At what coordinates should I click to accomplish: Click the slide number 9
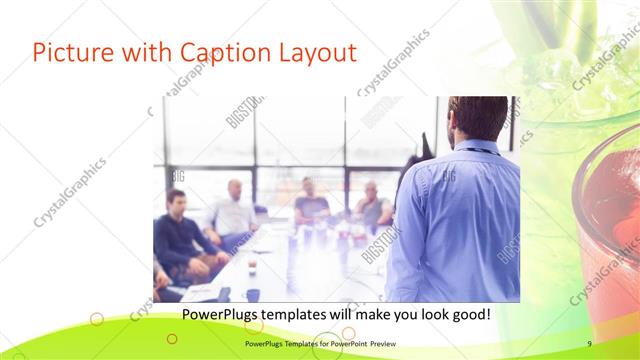[590, 344]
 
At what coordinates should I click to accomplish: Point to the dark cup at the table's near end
[253, 294]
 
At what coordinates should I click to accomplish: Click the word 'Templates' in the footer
[297, 344]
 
